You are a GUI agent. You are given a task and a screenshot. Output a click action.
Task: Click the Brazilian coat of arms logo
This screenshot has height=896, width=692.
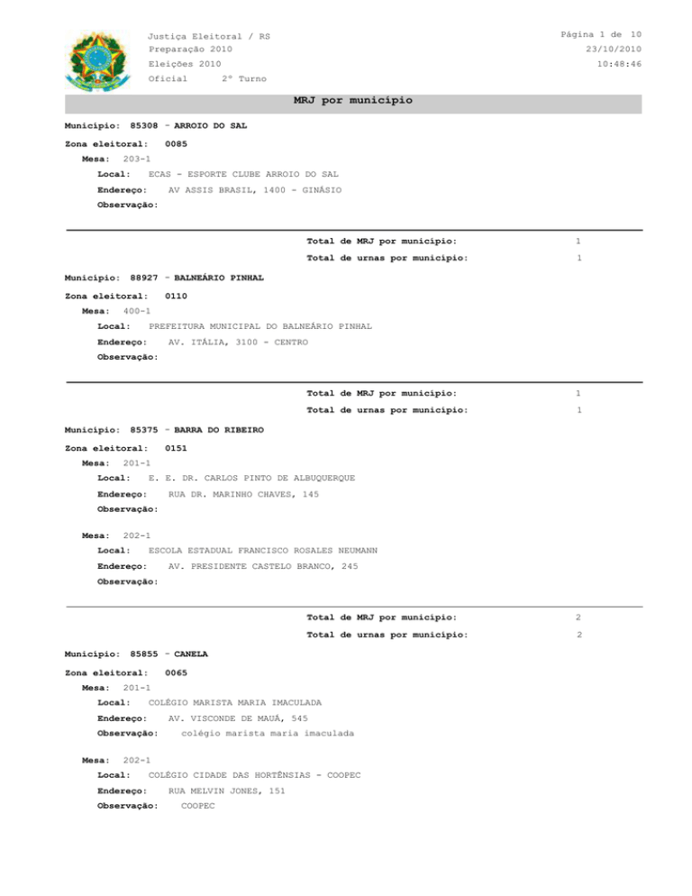pos(92,60)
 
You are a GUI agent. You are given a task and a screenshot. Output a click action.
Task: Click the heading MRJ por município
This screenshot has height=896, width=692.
pos(353,100)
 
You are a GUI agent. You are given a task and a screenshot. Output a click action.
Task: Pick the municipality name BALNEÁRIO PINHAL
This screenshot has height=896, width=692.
pos(218,279)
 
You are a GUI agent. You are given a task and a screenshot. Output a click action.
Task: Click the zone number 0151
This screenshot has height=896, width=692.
pos(177,448)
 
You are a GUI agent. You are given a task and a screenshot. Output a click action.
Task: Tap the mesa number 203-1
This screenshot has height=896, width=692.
pos(137,158)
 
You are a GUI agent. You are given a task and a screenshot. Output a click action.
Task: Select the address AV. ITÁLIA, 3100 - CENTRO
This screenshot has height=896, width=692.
pos(238,343)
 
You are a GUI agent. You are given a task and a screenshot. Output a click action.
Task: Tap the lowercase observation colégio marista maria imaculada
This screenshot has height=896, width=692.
pos(267,734)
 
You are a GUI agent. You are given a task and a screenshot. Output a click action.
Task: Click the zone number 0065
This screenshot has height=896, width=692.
pos(177,672)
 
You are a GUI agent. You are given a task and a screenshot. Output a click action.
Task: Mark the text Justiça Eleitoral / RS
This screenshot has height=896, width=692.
pos(209,36)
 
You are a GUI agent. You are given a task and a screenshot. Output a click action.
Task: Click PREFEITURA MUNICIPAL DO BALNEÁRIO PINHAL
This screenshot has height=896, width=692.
pos(259,326)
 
